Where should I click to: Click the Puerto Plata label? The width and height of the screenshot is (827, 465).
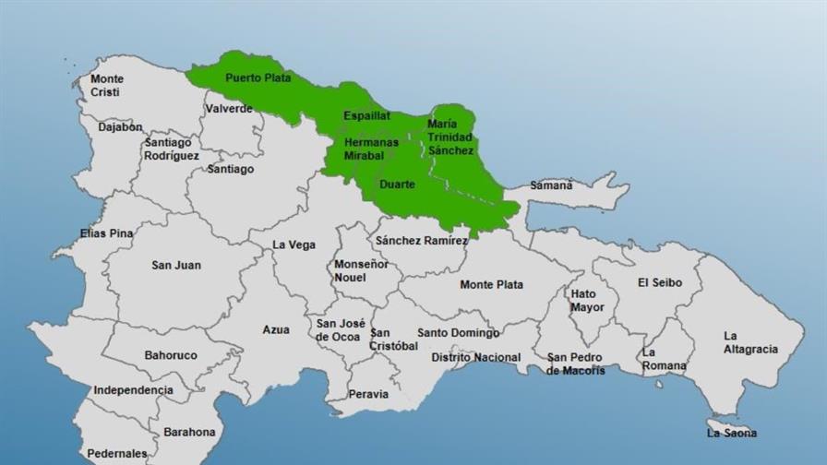[x=258, y=78]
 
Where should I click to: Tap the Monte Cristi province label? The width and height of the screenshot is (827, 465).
[x=106, y=86]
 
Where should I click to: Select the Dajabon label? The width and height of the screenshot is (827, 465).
[x=120, y=127]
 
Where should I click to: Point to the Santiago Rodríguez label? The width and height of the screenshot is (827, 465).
[x=171, y=149]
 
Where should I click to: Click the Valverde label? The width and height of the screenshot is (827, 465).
[x=229, y=109]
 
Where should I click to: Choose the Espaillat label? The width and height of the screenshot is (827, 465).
[x=366, y=116]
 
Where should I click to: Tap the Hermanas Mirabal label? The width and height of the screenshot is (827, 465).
[x=371, y=149]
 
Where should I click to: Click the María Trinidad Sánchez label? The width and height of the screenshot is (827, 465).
[x=450, y=137]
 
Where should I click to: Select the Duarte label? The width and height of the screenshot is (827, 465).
[x=397, y=185]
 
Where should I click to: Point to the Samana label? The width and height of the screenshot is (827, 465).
[x=551, y=185]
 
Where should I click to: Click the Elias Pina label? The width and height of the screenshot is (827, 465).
[x=106, y=234]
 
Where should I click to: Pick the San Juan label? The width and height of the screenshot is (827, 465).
[x=175, y=266]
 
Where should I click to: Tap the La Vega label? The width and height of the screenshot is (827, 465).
[x=294, y=245]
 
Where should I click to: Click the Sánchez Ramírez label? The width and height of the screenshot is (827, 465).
[x=421, y=240]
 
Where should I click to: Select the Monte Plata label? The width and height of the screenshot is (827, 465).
[x=491, y=285]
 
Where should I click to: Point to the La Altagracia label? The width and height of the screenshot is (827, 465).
[x=750, y=342]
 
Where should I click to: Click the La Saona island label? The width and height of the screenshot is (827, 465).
[x=731, y=433]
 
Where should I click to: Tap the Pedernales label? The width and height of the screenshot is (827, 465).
[x=116, y=454]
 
